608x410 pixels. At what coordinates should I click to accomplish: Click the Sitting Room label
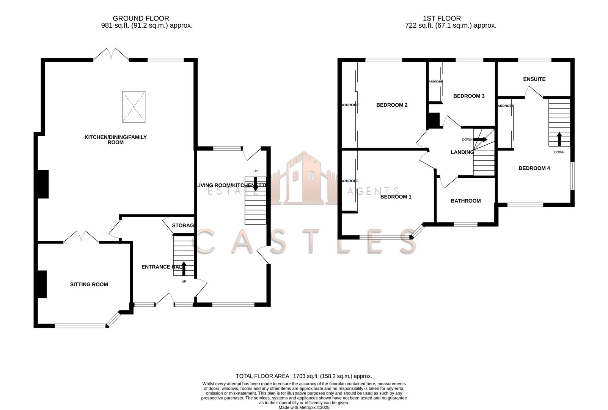click(89, 284)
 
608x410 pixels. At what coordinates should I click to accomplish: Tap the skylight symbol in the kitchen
click(134, 107)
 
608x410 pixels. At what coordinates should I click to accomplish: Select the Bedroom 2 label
click(392, 105)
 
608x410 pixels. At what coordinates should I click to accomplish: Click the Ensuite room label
click(534, 79)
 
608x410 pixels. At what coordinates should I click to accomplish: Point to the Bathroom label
click(465, 201)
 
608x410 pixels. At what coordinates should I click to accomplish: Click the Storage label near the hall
click(184, 225)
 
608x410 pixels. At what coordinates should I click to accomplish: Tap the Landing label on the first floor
click(462, 152)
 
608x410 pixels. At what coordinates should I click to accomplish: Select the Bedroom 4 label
click(534, 168)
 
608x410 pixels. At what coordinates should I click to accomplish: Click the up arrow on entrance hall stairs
click(184, 268)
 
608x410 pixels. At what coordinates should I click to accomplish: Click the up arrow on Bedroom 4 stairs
click(559, 139)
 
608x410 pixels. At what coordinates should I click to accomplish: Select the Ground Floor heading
click(141, 18)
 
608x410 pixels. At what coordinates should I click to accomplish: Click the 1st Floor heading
click(441, 18)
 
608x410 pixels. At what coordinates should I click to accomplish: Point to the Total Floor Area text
click(304, 376)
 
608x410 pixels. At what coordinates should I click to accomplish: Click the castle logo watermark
click(303, 178)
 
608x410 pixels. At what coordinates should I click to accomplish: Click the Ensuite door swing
click(533, 92)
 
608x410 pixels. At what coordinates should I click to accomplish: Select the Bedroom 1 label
click(396, 197)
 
